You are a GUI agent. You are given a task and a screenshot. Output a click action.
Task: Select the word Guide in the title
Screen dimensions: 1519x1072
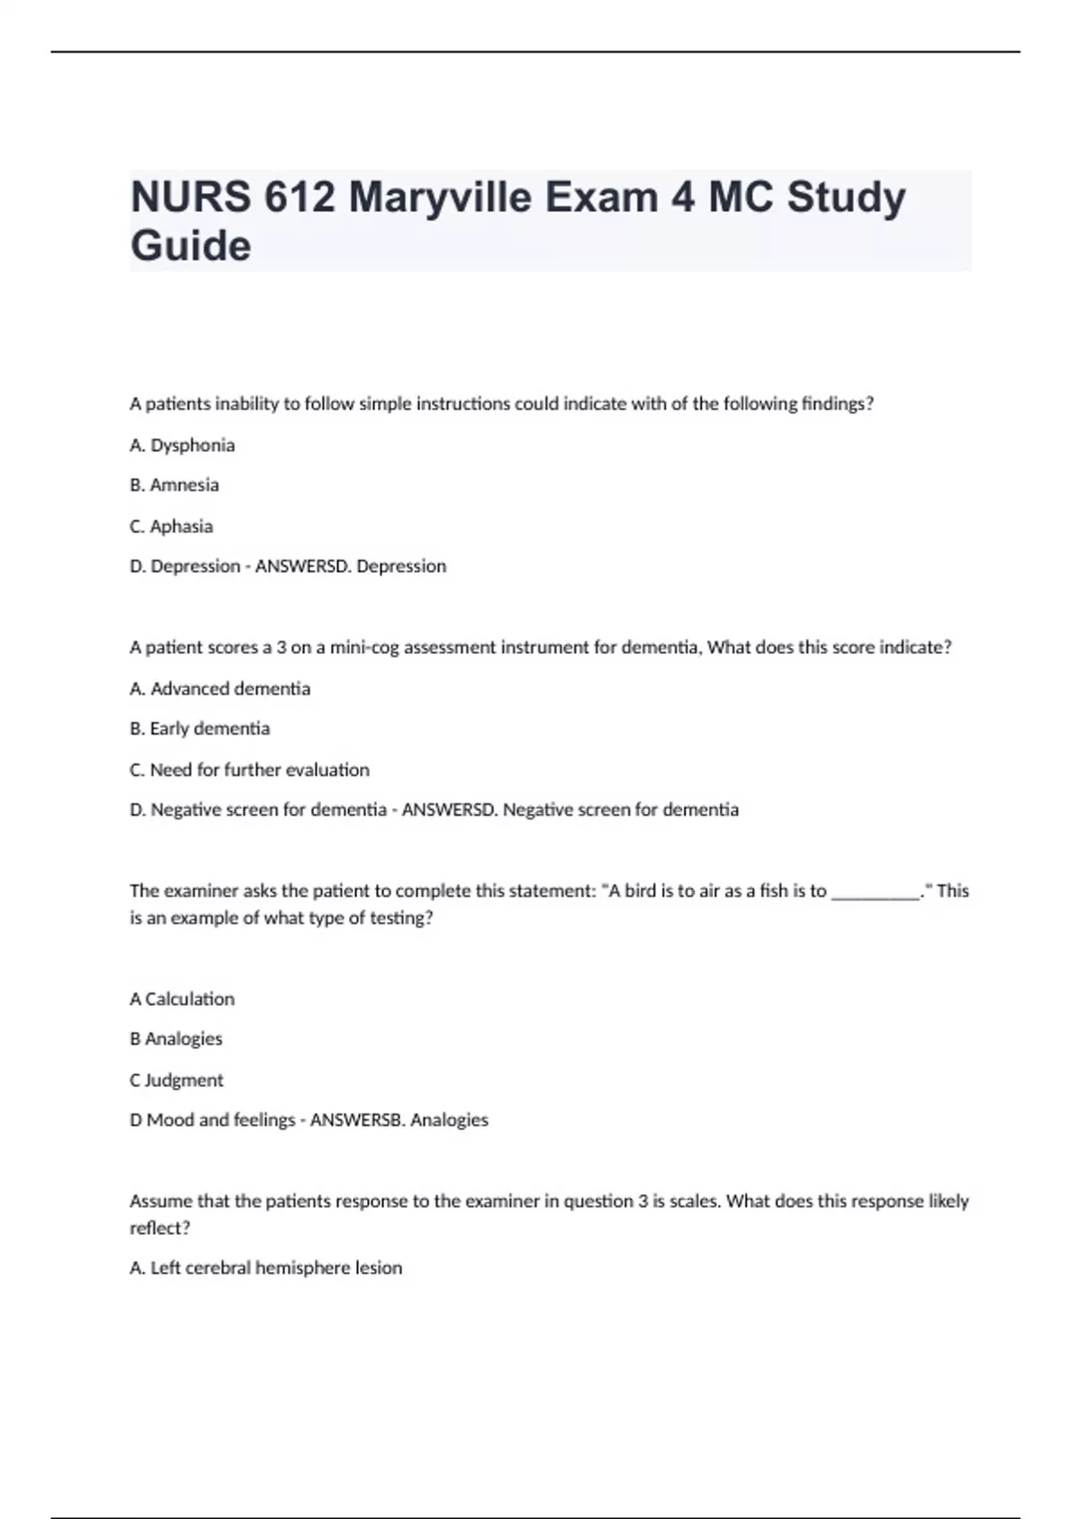190,247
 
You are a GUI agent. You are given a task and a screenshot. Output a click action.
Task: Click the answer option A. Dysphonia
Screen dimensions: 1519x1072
182,445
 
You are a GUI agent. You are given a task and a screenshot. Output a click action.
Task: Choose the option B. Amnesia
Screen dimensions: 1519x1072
174,485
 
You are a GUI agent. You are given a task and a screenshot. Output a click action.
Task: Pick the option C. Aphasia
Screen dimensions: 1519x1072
172,526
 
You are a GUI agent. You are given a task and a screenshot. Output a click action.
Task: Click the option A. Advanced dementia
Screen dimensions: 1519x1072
220,689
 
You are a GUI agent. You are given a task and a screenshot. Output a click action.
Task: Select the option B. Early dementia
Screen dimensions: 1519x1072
199,729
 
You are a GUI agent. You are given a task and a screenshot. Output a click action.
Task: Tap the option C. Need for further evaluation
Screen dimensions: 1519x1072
249,770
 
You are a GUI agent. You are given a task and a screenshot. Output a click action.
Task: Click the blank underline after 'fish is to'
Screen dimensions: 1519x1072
875,892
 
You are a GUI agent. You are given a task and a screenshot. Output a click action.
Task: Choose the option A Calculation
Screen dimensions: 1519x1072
182,999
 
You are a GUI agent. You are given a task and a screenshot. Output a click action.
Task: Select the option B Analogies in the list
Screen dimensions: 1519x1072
176,1039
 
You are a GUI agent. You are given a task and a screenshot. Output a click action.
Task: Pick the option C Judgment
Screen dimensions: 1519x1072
177,1080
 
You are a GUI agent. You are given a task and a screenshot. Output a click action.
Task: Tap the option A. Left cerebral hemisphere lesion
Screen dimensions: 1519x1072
266,1268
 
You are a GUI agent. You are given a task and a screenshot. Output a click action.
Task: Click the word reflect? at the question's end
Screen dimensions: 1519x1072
160,1229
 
